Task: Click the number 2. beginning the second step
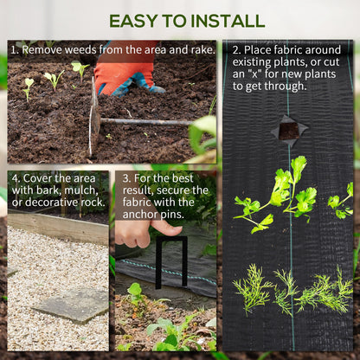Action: tap(235, 50)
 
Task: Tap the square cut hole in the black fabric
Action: tap(288, 131)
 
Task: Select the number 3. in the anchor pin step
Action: tap(127, 177)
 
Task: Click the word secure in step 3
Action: tap(171, 190)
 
